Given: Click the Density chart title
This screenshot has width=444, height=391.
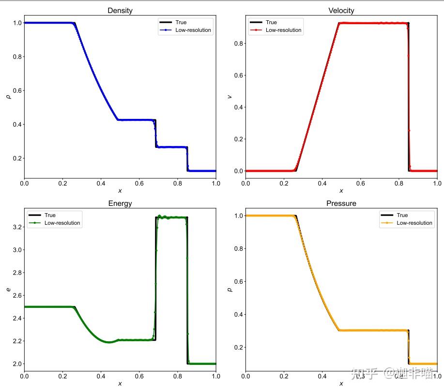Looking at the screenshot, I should (x=120, y=11).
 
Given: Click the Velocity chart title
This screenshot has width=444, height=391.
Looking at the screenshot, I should (x=341, y=11).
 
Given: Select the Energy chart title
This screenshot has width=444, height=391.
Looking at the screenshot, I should (x=120, y=203).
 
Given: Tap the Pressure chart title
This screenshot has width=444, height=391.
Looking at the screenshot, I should (x=341, y=203).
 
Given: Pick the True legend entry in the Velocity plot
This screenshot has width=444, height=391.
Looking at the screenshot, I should (x=271, y=22).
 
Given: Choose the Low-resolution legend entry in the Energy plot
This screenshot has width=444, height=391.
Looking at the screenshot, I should (x=62, y=223).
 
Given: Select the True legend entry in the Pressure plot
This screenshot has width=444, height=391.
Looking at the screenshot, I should (x=402, y=215).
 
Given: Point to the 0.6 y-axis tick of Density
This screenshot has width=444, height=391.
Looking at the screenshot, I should (x=16, y=90).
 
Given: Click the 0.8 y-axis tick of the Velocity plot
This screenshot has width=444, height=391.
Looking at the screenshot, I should (x=237, y=43).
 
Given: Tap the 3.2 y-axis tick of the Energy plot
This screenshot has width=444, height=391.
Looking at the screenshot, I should (x=16, y=227).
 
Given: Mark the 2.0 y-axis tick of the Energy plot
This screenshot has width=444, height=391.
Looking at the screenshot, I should (x=16, y=363).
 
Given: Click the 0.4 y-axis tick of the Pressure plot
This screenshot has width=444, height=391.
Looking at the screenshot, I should (x=237, y=314).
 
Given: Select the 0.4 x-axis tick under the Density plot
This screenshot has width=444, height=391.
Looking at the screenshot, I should (x=101, y=184).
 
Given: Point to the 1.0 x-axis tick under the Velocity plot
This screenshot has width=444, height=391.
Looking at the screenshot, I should (x=437, y=184).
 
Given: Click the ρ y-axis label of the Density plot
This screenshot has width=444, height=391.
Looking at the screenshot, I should (x=7, y=96).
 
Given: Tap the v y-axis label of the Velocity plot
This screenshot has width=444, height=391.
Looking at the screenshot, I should (x=230, y=96).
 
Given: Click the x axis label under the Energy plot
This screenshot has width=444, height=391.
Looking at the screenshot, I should (x=120, y=384).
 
